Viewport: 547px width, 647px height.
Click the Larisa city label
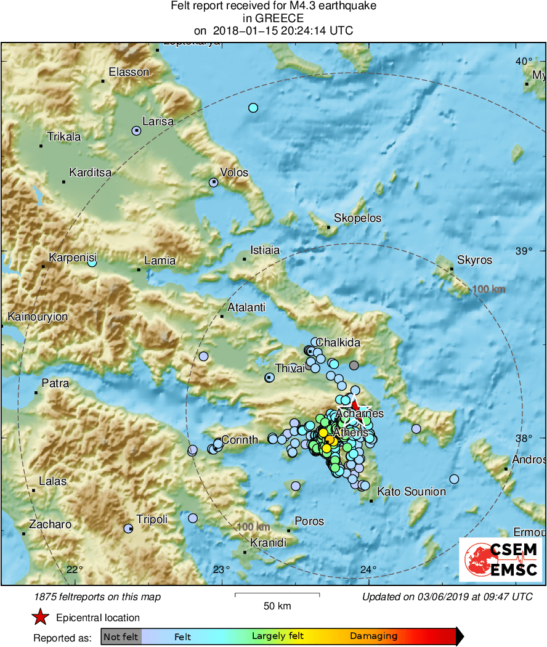(x=158, y=121)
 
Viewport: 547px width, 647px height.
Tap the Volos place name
(x=234, y=173)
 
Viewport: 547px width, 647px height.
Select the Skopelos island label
(x=357, y=218)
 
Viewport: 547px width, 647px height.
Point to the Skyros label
(x=475, y=260)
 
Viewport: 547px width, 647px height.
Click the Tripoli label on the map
(x=152, y=519)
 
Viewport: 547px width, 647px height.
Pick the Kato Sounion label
(x=411, y=492)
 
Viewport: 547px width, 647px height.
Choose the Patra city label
(x=55, y=383)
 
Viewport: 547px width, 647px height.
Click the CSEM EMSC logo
(x=500, y=560)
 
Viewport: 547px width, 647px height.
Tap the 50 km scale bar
(x=277, y=595)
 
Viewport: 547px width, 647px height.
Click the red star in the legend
(x=41, y=617)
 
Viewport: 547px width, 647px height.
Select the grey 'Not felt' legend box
(x=121, y=637)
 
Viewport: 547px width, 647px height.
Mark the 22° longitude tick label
(x=75, y=569)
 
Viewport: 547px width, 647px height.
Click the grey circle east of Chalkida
(x=354, y=365)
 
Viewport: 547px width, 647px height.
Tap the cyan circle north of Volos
(x=253, y=108)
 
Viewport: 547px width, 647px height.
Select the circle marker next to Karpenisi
(x=92, y=262)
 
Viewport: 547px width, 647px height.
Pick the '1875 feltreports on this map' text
(x=98, y=596)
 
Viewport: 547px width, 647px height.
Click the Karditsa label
(x=90, y=173)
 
